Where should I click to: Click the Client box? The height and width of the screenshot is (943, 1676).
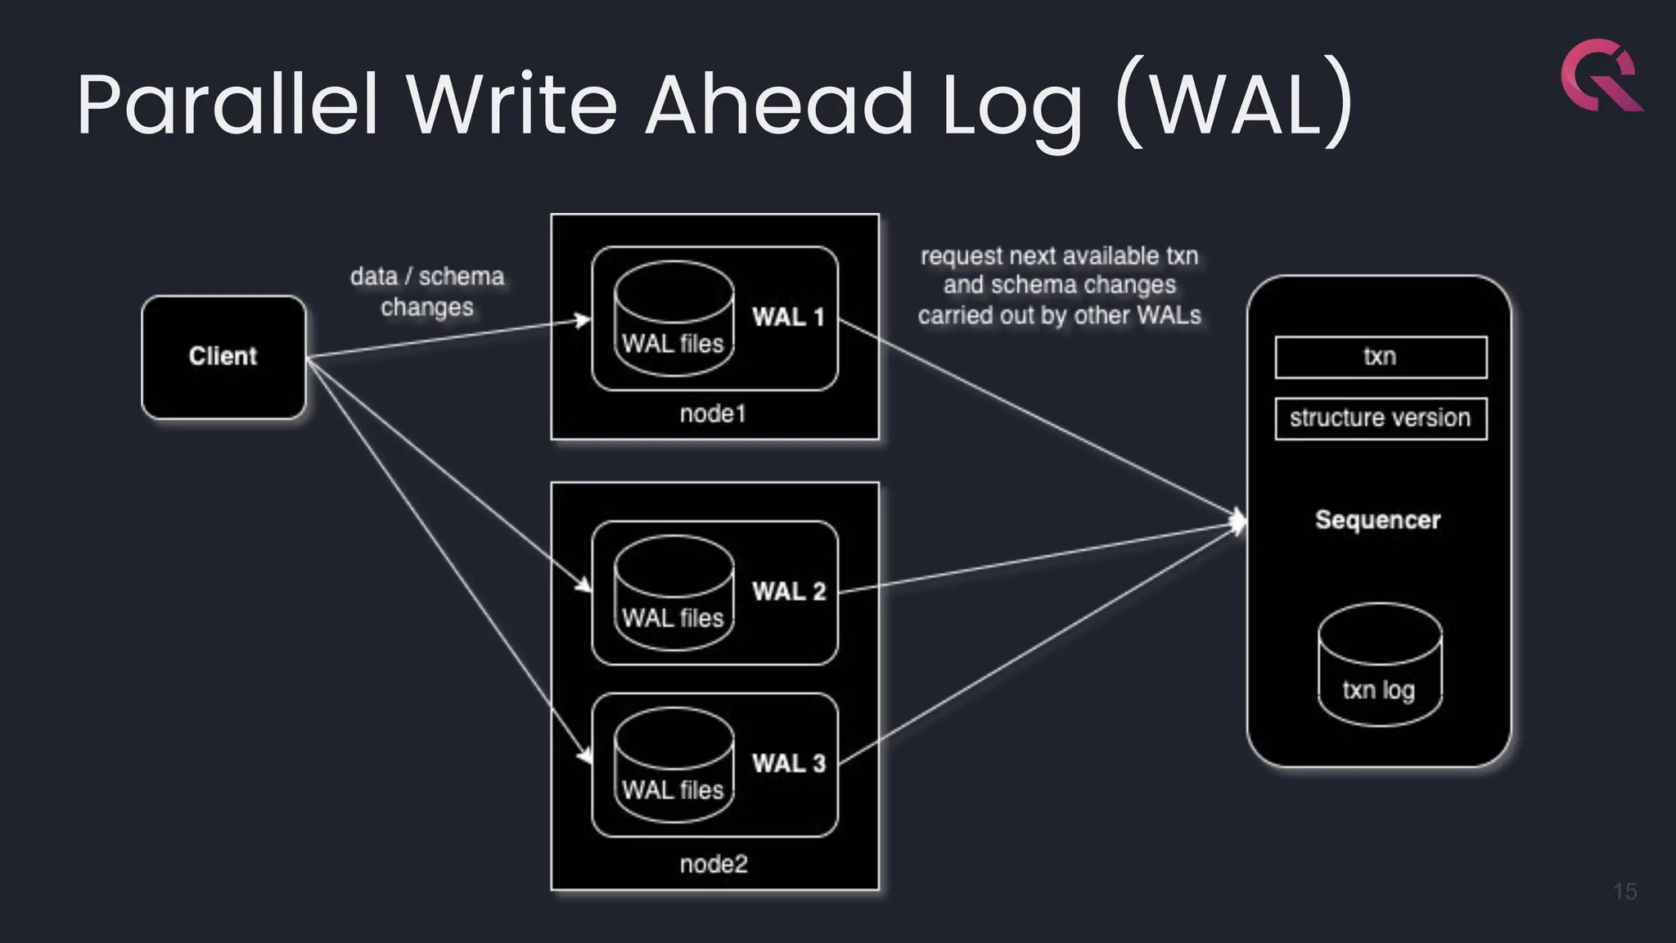point(223,357)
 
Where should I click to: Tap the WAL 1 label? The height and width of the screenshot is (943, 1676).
point(788,318)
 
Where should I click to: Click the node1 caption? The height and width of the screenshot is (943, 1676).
point(713,414)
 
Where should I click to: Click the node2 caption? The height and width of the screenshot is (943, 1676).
point(714,864)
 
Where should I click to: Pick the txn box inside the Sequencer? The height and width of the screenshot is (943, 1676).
point(1381,357)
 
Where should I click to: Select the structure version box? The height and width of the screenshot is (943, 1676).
point(1381,418)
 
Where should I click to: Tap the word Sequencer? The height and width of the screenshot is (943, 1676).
point(1378,521)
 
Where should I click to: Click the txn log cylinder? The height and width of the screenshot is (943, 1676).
point(1380,665)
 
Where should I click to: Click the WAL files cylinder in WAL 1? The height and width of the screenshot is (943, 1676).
point(674,319)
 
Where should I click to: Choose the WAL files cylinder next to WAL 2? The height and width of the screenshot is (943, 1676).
point(674,593)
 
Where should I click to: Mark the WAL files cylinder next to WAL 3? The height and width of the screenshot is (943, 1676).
point(674,765)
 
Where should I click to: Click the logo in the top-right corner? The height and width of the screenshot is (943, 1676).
point(1601,75)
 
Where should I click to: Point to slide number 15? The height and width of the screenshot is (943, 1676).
point(1624,891)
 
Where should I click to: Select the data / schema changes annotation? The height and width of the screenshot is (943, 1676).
point(427,291)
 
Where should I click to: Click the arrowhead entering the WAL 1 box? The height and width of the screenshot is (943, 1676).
point(583,319)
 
